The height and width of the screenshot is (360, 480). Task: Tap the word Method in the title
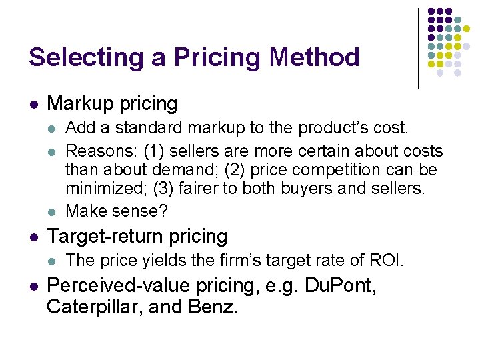point(314,57)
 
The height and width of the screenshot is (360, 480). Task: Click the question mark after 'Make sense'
point(165,211)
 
